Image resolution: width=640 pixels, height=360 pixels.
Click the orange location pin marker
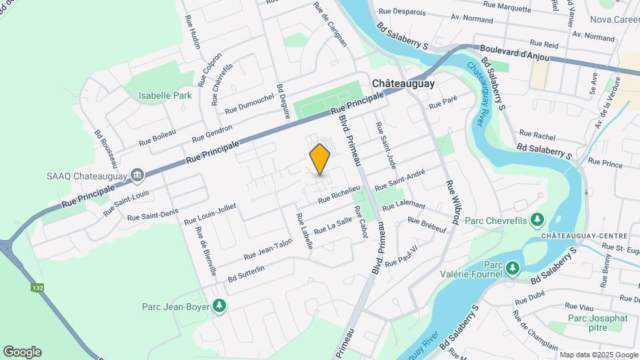[320, 159]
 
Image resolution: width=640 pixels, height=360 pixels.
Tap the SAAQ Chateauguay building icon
[138, 175]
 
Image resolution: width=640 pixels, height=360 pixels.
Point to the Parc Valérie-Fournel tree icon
[512, 268]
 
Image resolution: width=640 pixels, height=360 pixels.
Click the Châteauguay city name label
[403, 83]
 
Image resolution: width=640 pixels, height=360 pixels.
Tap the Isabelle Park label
[165, 95]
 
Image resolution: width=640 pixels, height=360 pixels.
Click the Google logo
[22, 352]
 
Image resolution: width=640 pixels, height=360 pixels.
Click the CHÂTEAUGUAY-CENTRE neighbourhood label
[584, 236]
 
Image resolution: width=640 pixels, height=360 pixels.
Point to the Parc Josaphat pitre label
[598, 323]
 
